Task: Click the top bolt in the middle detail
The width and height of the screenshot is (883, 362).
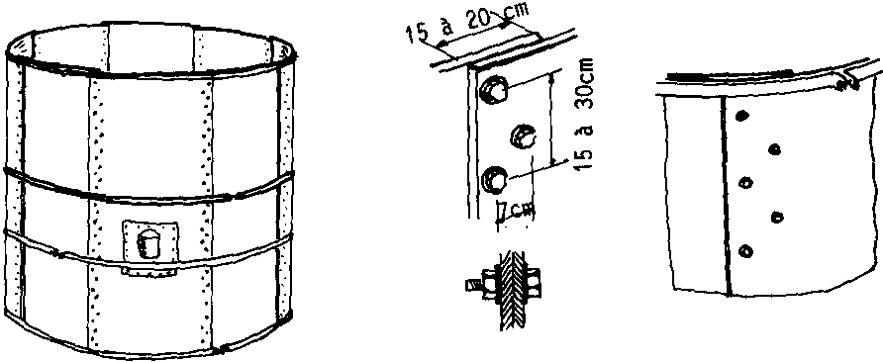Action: point(493,89)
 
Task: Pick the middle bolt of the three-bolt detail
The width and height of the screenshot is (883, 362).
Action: point(523,136)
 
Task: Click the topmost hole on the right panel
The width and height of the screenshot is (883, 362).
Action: point(742,116)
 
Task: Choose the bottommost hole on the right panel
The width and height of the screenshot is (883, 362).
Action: point(744,250)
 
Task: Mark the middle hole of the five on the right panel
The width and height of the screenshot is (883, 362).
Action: point(744,182)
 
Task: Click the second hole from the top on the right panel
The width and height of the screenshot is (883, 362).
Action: point(775,149)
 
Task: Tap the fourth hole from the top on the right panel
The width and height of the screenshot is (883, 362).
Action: point(777,217)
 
